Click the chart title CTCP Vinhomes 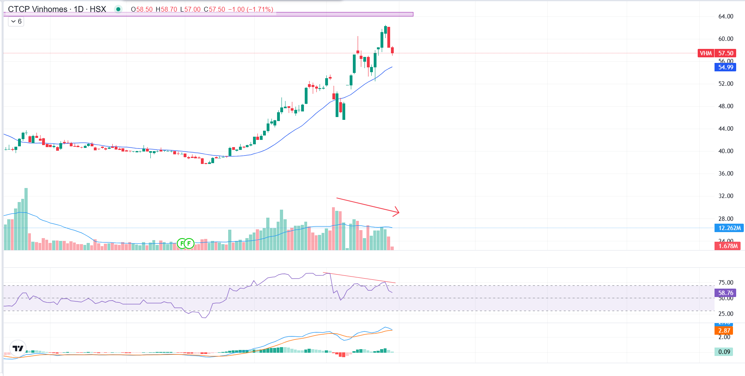[38, 9]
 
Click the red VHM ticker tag [706, 53]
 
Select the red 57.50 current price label [725, 53]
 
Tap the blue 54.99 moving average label [725, 67]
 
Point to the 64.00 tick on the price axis [725, 16]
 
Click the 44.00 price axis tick [725, 129]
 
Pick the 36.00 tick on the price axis [725, 174]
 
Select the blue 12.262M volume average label [729, 228]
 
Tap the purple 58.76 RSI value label [725, 293]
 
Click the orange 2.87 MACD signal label [724, 331]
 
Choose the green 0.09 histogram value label [724, 352]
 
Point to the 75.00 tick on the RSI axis [725, 283]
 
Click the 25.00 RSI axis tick [725, 314]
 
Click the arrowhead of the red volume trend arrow [397, 212]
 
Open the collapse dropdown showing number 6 [16, 22]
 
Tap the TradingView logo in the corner [18, 348]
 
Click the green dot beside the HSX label [118, 9]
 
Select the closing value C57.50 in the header [215, 9]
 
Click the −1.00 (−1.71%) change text [251, 9]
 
